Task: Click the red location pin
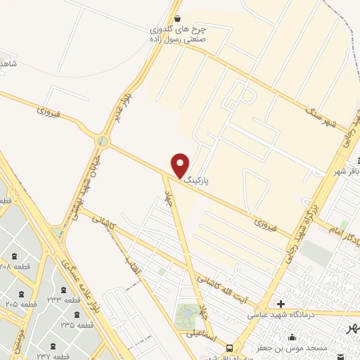tap(181, 165)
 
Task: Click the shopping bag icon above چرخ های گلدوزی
tap(176, 19)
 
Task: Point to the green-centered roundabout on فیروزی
tap(103, 141)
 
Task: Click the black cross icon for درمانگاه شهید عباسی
tap(281, 304)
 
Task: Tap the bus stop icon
tap(229, 348)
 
